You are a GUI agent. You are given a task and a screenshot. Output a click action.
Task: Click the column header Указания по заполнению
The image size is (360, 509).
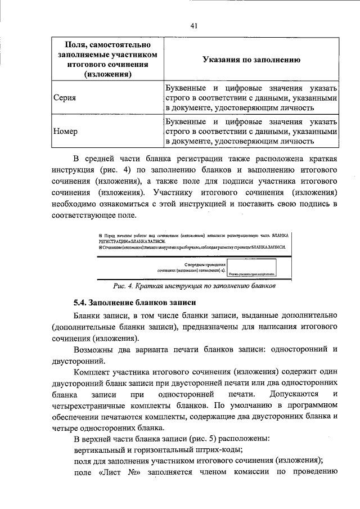251,60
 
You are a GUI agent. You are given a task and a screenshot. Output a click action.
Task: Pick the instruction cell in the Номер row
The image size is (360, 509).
251,131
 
